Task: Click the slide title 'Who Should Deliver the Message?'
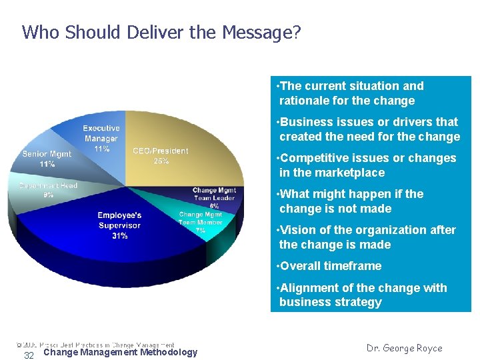point(161,32)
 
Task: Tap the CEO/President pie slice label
point(161,155)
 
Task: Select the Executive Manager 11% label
point(101,139)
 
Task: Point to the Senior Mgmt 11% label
point(47,159)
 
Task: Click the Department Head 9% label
point(48,190)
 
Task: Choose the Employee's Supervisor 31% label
point(119,225)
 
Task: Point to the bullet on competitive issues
point(367,165)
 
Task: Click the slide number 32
point(29,355)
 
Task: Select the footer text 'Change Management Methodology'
point(120,352)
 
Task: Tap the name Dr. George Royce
point(405,348)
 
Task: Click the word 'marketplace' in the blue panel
point(351,173)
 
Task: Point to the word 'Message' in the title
point(258,32)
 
